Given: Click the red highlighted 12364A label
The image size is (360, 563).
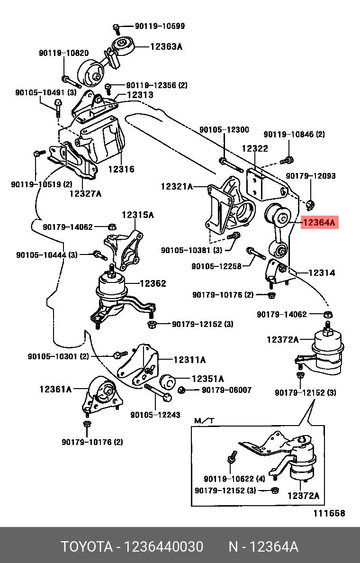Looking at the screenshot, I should [x=319, y=222].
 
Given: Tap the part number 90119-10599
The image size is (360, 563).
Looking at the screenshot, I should [x=160, y=26].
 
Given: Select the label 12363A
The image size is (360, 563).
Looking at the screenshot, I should [x=166, y=46].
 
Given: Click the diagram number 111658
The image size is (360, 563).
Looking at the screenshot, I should [x=329, y=513].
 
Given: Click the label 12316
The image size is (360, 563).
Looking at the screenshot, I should [x=121, y=169].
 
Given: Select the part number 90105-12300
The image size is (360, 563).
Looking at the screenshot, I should [x=224, y=130].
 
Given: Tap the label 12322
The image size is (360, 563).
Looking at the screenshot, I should [x=255, y=148].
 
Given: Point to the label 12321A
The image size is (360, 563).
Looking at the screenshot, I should [x=177, y=187].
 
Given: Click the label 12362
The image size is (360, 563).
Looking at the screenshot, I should [x=153, y=283].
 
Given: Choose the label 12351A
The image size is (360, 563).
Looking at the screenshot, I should [x=207, y=379].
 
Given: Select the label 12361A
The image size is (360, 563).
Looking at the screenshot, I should [x=55, y=389].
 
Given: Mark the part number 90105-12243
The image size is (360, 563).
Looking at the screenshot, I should [x=155, y=415].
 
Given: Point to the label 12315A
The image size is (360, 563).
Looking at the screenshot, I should [x=138, y=215].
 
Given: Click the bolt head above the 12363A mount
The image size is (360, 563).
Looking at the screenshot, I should [x=116, y=28].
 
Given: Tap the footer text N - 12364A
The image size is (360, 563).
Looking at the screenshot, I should [x=263, y=547].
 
